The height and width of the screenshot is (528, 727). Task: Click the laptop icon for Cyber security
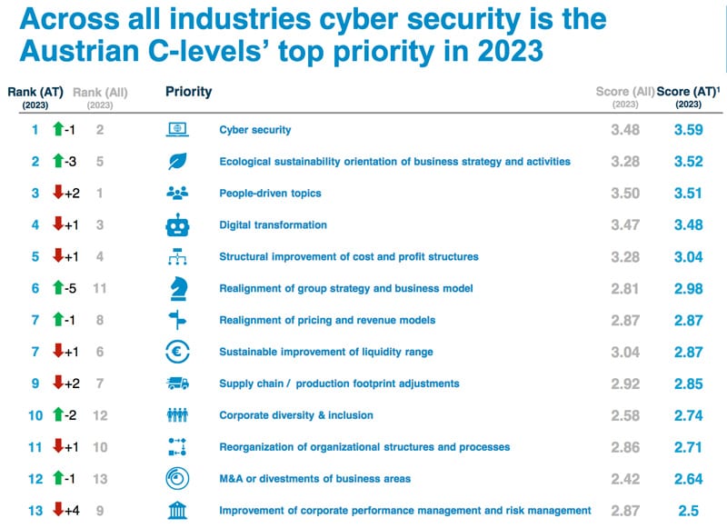pyautogui.click(x=177, y=130)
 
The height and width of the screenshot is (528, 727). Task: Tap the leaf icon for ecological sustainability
pyautogui.click(x=177, y=162)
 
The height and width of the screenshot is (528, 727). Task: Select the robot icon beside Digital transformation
pyautogui.click(x=177, y=224)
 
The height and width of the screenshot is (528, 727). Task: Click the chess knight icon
pyautogui.click(x=177, y=288)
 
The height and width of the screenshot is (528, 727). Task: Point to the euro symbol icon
pyautogui.click(x=177, y=352)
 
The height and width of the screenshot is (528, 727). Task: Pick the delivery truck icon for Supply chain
pyautogui.click(x=177, y=384)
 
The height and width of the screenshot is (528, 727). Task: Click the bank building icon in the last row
pyautogui.click(x=177, y=510)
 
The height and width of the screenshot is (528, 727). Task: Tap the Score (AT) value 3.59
pyautogui.click(x=689, y=130)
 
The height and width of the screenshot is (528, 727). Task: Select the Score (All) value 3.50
pyautogui.click(x=626, y=194)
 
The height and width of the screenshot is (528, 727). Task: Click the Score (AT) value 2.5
pyautogui.click(x=689, y=510)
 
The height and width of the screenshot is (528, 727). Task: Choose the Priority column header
pyautogui.click(x=189, y=91)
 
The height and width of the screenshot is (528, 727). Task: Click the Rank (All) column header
pyautogui.click(x=100, y=92)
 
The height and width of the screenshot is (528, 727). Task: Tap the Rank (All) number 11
pyautogui.click(x=100, y=288)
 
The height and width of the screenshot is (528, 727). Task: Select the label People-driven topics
pyautogui.click(x=270, y=194)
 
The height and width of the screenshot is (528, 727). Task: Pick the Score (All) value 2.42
pyautogui.click(x=626, y=478)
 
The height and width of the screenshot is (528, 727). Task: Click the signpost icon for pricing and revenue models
pyautogui.click(x=177, y=320)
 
